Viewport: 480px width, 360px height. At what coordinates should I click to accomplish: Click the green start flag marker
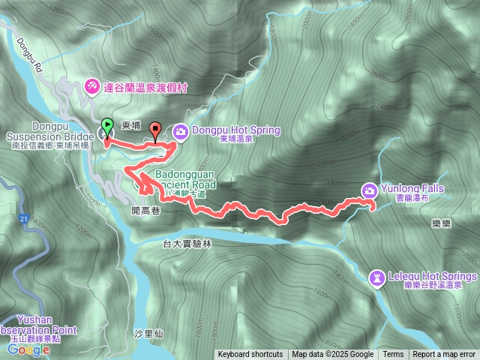pyautogui.click(x=106, y=127)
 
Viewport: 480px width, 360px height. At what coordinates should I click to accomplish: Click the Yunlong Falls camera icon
pyautogui.click(x=370, y=190)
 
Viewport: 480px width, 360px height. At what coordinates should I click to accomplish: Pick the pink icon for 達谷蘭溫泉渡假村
pyautogui.click(x=92, y=86)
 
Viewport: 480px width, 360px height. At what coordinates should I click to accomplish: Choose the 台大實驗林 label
pyautogui.click(x=187, y=244)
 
